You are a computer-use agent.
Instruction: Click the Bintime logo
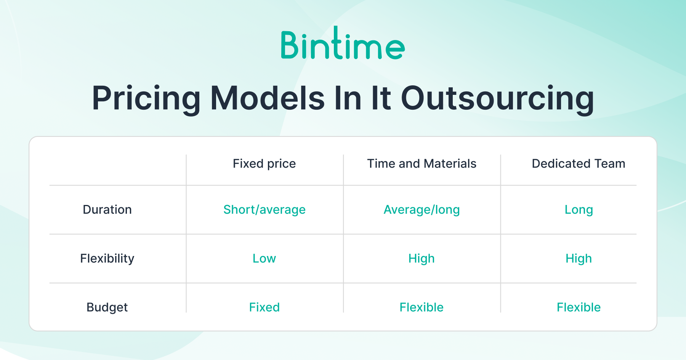click(x=343, y=43)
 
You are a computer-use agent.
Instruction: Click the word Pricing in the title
click(x=146, y=99)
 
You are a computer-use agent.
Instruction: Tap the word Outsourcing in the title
click(x=497, y=99)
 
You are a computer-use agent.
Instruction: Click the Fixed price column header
click(x=264, y=164)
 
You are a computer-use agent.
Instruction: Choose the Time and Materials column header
click(x=422, y=164)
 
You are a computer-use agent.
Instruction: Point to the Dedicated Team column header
click(x=579, y=164)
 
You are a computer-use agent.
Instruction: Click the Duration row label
click(x=107, y=210)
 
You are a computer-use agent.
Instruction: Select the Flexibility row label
click(x=107, y=258)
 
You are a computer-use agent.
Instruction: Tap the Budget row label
click(x=107, y=307)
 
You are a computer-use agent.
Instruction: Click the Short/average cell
click(x=264, y=210)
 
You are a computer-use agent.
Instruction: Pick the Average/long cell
click(x=422, y=210)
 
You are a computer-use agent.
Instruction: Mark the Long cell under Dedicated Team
click(x=579, y=210)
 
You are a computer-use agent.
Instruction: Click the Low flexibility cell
click(x=264, y=258)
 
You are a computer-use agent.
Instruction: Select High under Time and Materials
click(x=422, y=259)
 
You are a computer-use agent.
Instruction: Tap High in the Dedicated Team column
click(x=579, y=259)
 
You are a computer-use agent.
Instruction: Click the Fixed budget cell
click(x=264, y=307)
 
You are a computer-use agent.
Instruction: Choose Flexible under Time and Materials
click(x=422, y=307)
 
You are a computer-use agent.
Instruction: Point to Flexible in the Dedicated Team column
click(x=579, y=307)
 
